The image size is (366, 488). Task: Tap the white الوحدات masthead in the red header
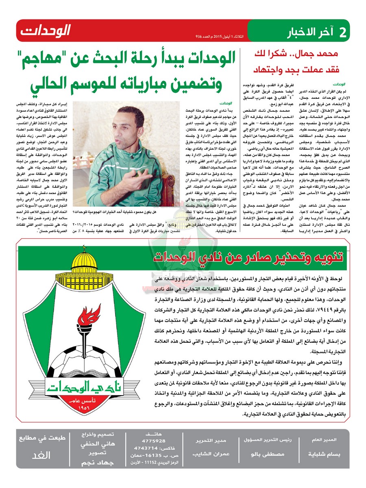coord(46,30)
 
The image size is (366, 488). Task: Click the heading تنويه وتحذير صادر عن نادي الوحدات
coord(249,257)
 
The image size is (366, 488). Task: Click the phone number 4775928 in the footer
coord(156,441)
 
